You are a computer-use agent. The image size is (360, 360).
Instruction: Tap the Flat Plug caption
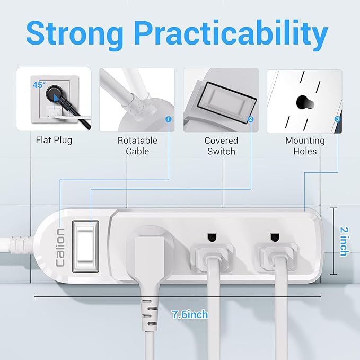pos(54,141)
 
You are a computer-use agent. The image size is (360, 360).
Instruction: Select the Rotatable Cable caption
pos(137,146)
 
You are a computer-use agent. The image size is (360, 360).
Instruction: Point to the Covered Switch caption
pos(221,146)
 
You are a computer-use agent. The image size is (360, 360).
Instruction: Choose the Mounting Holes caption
pos(304,146)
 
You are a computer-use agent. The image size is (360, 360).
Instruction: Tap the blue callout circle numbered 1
pos(168,119)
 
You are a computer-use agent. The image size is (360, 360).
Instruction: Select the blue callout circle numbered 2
pos(251,119)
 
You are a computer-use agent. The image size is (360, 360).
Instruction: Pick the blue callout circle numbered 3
pos(338,119)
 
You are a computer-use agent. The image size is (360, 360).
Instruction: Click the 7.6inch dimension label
pos(190,314)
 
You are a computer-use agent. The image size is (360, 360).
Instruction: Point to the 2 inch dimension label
pos(343,241)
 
